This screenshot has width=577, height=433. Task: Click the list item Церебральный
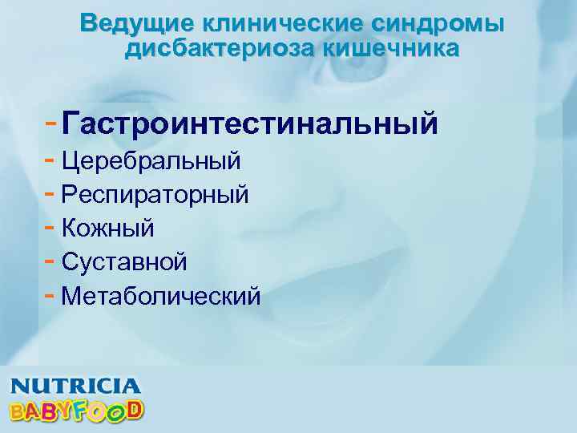(x=151, y=160)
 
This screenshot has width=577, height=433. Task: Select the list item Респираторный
(x=155, y=195)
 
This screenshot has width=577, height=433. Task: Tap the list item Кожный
(x=107, y=228)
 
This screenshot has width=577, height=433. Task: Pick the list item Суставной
(x=124, y=261)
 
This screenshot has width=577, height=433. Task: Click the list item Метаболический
(x=160, y=296)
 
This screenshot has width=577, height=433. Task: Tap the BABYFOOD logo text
(x=75, y=410)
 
